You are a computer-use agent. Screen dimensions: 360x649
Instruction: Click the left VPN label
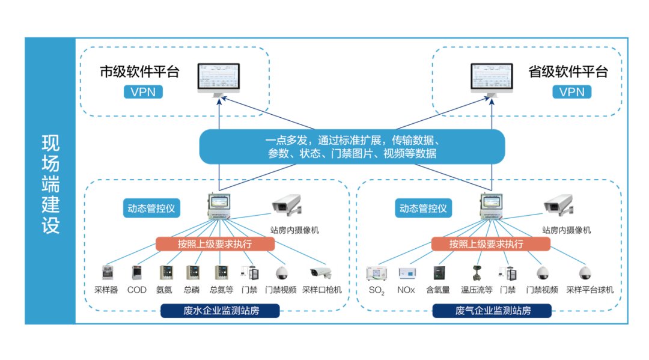tap(142, 92)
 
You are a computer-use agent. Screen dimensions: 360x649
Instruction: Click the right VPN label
tap(571, 92)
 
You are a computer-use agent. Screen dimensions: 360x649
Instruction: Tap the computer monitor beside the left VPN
tap(219, 80)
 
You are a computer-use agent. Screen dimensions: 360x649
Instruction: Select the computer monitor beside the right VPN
tap(491, 80)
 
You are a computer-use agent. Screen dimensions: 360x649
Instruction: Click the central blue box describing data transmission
tap(352, 147)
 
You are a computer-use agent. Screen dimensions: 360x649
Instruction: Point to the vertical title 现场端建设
tap(50, 184)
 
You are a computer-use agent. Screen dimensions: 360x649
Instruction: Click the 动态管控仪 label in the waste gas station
tap(424, 209)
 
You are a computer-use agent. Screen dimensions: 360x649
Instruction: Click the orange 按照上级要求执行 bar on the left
tap(215, 244)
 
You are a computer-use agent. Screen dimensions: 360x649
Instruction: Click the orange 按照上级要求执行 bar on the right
tap(490, 244)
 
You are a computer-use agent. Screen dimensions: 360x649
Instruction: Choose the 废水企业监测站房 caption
tap(220, 311)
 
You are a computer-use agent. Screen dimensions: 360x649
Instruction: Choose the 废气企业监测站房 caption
tap(492, 311)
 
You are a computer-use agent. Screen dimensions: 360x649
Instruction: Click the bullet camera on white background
tap(323, 273)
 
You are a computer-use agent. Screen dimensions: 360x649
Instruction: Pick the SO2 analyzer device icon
tap(377, 273)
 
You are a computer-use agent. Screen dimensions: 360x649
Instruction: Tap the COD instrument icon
tap(136, 273)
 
